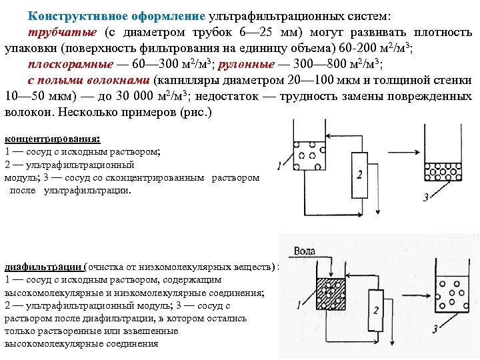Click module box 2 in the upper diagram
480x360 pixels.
pos(360,175)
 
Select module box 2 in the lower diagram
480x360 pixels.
pos(376,310)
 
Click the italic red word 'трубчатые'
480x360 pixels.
pos(61,32)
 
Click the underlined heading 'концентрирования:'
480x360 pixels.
pos(52,139)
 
